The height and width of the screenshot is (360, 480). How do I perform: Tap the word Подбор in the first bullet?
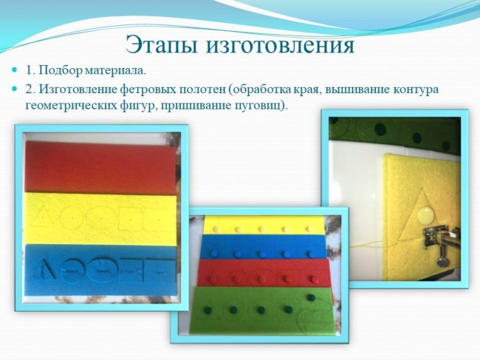click(61, 71)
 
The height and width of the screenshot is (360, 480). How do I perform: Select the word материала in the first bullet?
click(114, 72)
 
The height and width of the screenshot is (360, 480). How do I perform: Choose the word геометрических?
click(70, 106)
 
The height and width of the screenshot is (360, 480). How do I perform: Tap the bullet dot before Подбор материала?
click(14, 70)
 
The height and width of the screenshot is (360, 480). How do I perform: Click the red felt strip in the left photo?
click(101, 168)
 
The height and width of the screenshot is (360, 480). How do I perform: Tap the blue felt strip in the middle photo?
click(264, 247)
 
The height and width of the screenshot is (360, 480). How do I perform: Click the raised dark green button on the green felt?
click(311, 297)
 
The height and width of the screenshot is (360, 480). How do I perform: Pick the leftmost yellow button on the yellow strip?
click(216, 229)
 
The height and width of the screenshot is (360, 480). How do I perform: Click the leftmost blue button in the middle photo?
click(214, 254)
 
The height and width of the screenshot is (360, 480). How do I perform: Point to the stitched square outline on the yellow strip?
click(130, 219)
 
